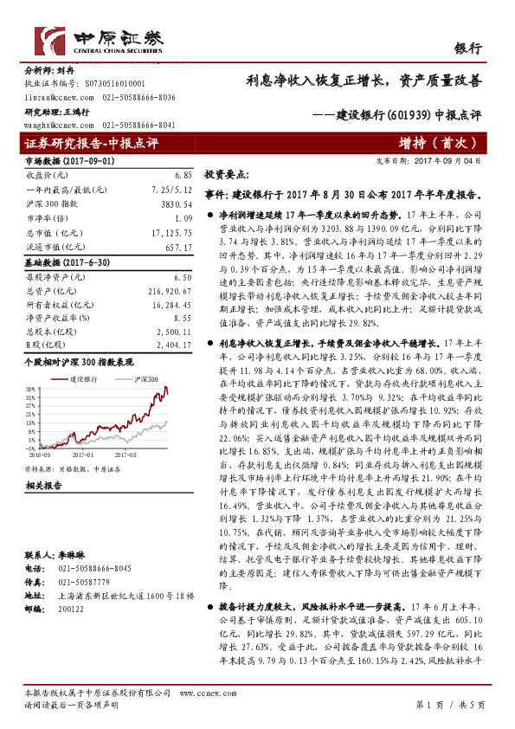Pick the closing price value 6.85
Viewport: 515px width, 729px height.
click(x=181, y=174)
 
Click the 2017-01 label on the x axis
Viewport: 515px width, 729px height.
click(x=83, y=452)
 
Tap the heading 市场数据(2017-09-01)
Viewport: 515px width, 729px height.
click(x=57, y=161)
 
